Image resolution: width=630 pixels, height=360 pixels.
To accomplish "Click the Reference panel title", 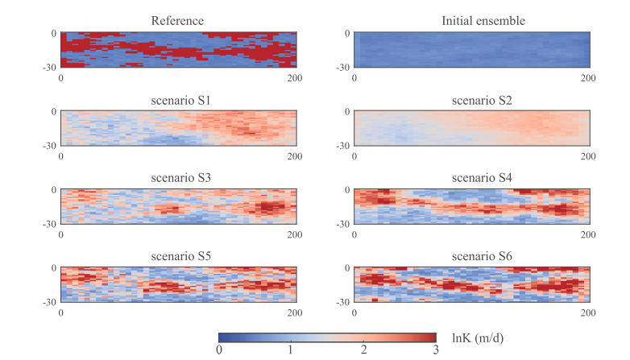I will (x=178, y=21).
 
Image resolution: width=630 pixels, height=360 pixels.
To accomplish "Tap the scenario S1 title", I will (x=178, y=99).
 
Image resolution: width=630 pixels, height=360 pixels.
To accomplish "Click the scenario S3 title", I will (x=178, y=178).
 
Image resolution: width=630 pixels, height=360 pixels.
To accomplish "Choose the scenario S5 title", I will (x=178, y=256).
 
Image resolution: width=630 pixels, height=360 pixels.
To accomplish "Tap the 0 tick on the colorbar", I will (x=219, y=350).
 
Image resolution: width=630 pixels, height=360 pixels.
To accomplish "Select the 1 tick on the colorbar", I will (x=291, y=350).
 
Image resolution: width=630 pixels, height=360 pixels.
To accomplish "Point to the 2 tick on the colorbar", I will (x=363, y=350).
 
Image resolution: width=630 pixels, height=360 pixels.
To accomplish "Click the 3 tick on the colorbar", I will (x=434, y=350).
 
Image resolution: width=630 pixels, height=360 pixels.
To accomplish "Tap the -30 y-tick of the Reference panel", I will (x=51, y=68).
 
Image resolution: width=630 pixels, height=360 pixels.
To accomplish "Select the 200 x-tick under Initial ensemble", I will (x=588, y=78).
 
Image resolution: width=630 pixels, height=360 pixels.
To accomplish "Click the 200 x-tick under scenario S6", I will (x=588, y=313).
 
